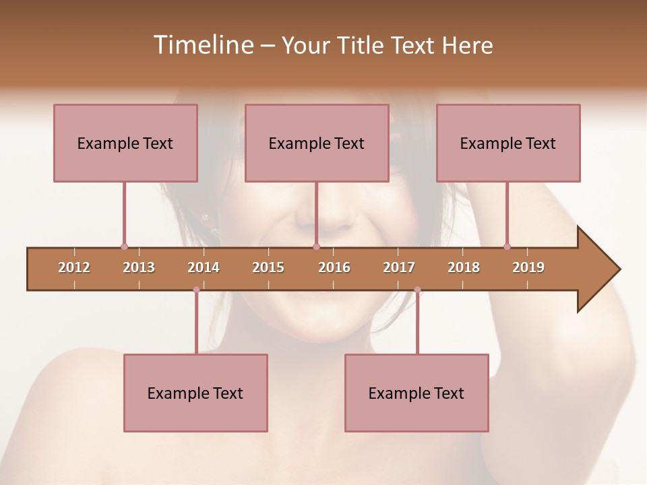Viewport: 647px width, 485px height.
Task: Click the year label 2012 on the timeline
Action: point(74,267)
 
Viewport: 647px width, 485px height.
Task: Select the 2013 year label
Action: point(139,267)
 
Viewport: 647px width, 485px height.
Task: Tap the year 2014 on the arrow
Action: point(204,267)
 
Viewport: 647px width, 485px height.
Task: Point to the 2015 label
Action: point(268,267)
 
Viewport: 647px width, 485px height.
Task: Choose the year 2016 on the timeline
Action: point(334,267)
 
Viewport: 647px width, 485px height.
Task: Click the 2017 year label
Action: point(399,267)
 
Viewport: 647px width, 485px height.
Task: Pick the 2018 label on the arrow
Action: point(464,267)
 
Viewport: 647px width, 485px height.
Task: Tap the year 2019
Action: point(528,267)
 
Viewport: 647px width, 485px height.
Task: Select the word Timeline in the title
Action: point(203,45)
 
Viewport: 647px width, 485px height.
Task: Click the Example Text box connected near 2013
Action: point(125,143)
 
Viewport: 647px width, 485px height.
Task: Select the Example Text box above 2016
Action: point(317,143)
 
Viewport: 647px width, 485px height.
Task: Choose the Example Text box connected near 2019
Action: point(508,143)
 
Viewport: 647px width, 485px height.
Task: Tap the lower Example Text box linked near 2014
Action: point(195,393)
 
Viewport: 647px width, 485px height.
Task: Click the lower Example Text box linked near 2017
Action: point(417,393)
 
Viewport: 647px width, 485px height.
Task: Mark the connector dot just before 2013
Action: point(124,247)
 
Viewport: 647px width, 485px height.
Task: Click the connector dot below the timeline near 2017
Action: point(417,290)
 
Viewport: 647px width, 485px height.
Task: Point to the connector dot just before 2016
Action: point(316,247)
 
